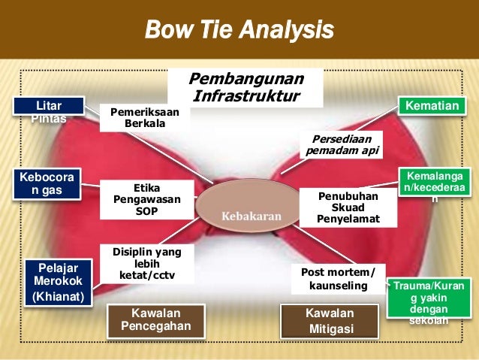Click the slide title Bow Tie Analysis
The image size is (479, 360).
click(239, 32)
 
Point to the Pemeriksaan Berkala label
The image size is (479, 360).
click(145, 117)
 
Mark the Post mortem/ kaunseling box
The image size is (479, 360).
click(338, 278)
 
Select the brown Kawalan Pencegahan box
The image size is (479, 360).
click(156, 319)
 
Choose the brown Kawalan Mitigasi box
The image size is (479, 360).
click(329, 320)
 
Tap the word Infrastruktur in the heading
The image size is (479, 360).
click(246, 96)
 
